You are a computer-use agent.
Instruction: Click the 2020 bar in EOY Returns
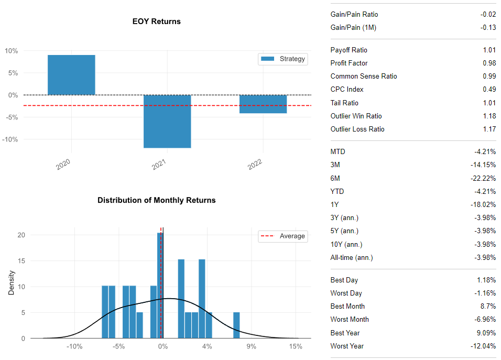(71, 75)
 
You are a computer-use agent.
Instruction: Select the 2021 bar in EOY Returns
(167, 121)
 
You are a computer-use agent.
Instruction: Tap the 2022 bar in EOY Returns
(263, 104)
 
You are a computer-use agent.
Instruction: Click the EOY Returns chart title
(157, 21)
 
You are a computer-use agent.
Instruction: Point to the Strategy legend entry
(283, 59)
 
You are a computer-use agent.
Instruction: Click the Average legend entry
(283, 236)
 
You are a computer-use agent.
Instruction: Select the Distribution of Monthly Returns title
(156, 200)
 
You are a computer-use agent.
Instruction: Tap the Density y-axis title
(12, 282)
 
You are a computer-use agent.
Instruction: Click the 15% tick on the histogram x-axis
(296, 346)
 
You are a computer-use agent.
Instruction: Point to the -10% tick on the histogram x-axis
(74, 346)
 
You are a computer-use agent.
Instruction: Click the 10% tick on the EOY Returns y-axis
(12, 51)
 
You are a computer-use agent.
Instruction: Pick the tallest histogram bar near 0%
(160, 286)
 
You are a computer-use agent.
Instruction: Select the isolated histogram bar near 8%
(236, 325)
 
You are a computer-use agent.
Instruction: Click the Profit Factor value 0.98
(489, 63)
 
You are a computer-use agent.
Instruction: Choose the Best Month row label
(347, 306)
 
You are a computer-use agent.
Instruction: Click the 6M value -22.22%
(485, 178)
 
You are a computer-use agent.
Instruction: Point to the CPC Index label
(347, 89)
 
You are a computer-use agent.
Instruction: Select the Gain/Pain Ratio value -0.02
(488, 14)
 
